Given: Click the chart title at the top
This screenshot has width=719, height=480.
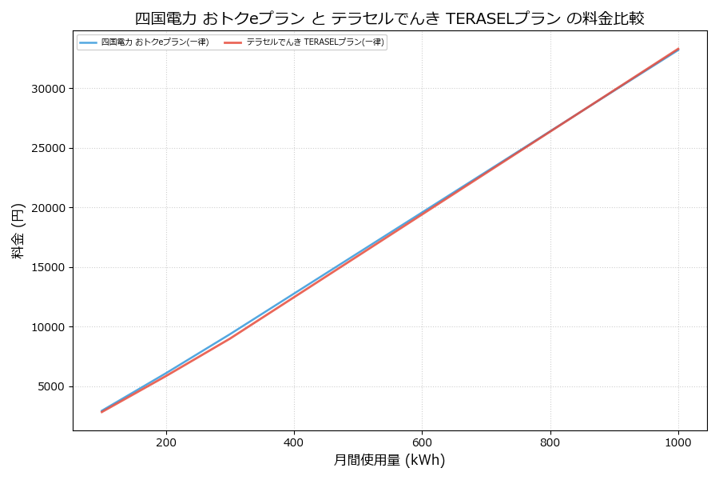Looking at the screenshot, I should tap(389, 18).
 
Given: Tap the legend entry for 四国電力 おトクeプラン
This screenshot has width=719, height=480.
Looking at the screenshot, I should tap(155, 42).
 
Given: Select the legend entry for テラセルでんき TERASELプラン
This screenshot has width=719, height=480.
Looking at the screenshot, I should tap(315, 42).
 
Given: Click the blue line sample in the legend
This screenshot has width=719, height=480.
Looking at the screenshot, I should tap(88, 42).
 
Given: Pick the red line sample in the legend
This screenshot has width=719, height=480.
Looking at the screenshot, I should tap(232, 42).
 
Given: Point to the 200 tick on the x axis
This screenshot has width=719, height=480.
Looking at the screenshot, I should tap(166, 442).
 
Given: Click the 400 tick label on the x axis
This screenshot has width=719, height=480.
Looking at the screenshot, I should tap(294, 442).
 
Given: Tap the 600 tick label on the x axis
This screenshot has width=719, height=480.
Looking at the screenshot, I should tap(422, 442).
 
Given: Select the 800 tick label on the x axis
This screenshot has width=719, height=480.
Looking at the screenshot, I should tap(550, 442).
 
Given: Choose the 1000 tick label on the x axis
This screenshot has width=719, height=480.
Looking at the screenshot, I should tap(678, 442).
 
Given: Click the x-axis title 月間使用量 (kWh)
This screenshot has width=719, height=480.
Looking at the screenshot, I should tap(389, 461).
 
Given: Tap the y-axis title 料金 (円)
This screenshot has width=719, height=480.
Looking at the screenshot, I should tap(18, 230).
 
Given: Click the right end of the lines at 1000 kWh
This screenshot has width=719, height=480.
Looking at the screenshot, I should tap(678, 49).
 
